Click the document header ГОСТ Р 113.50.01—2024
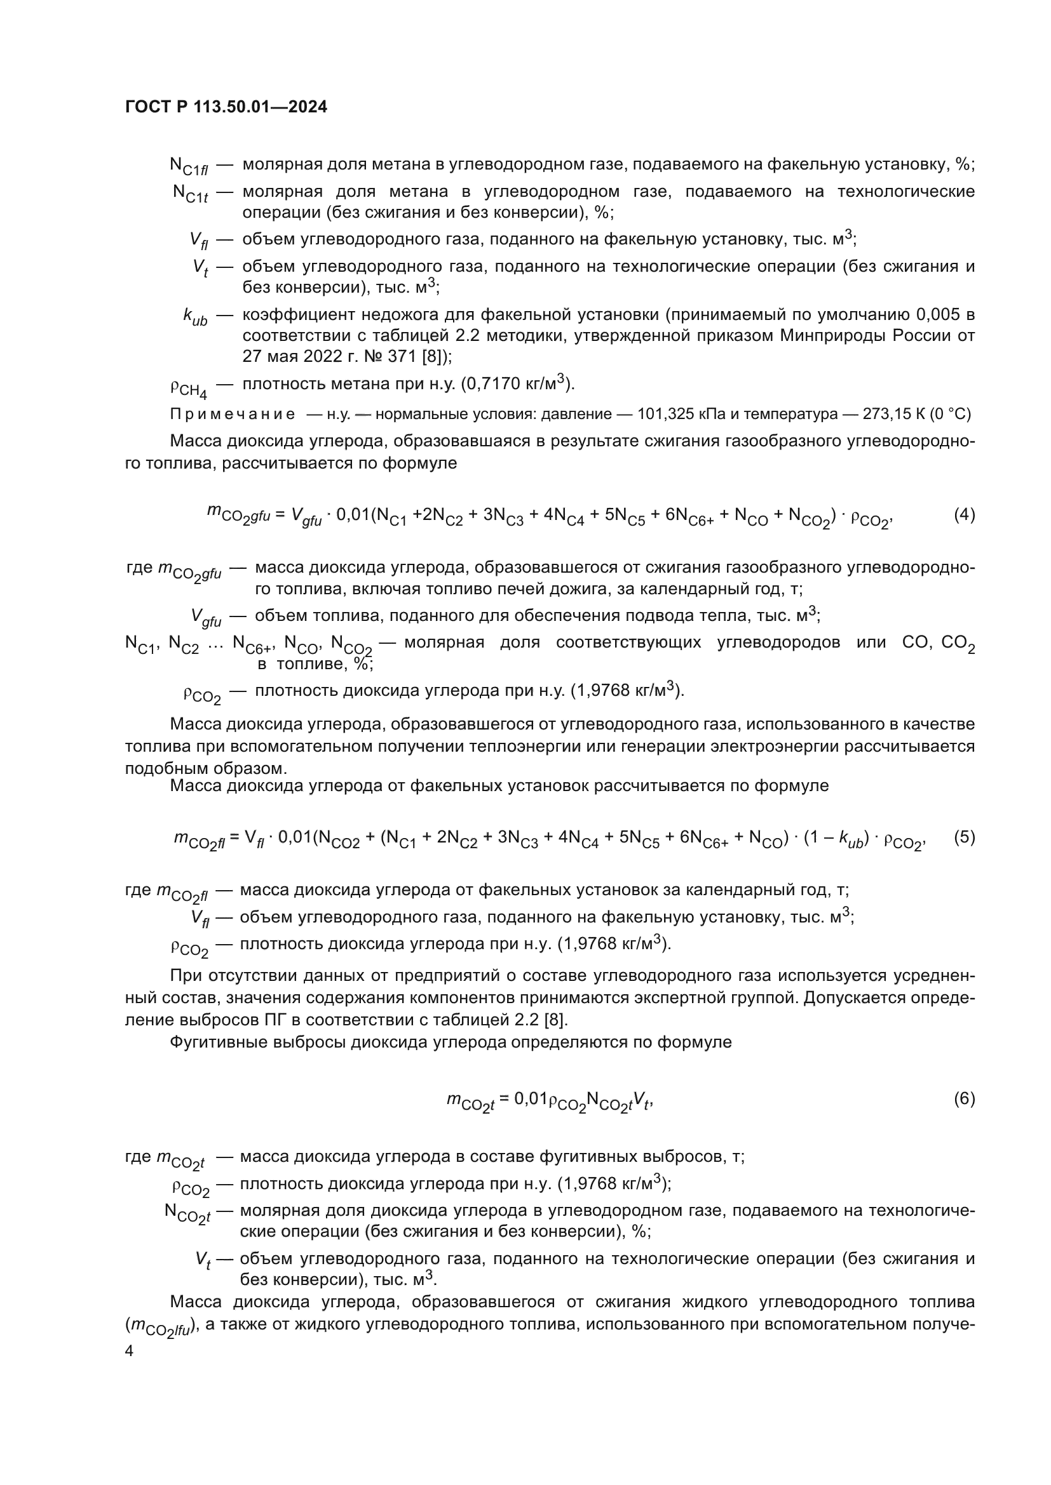226,107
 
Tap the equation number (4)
965,515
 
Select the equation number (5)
965,837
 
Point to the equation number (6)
965,1098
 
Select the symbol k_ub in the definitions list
195,317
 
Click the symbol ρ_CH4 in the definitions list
189,389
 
